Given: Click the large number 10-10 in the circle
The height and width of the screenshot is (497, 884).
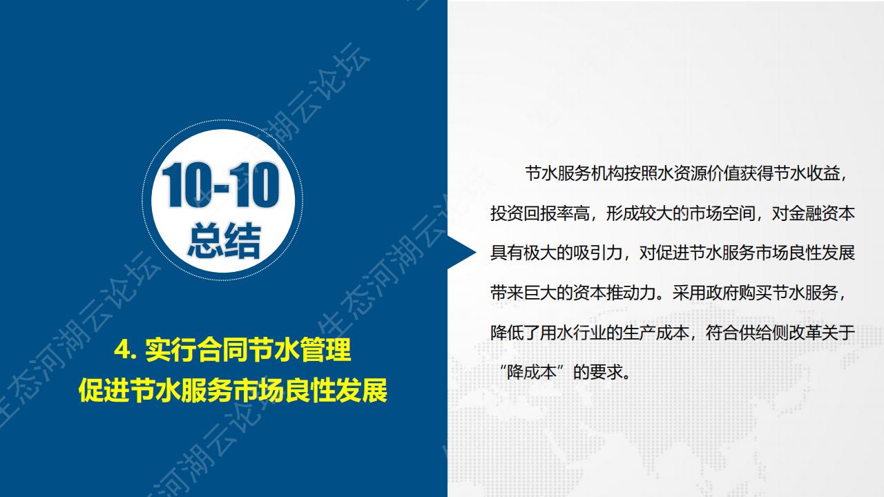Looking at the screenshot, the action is click(x=221, y=186).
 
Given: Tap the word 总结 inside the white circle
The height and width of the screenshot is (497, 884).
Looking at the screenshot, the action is click(x=224, y=241).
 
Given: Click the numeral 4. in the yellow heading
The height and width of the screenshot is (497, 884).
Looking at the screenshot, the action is click(x=125, y=349).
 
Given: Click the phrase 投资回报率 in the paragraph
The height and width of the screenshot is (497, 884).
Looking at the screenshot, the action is click(x=532, y=213).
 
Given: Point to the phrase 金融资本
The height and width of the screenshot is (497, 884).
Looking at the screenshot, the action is click(x=822, y=213).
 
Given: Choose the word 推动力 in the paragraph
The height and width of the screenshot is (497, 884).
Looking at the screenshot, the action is click(x=631, y=293).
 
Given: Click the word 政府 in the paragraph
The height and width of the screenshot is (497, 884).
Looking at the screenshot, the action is click(x=722, y=293).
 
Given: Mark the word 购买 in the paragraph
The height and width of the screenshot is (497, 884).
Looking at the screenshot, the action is click(x=755, y=293).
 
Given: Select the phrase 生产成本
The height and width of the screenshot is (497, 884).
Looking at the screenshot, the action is click(x=655, y=333).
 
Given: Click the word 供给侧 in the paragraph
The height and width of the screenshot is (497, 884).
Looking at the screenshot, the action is click(x=763, y=333).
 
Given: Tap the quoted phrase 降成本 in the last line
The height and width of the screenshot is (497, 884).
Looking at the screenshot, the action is click(x=532, y=372).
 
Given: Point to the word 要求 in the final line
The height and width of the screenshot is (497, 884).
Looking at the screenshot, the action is click(x=606, y=372).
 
